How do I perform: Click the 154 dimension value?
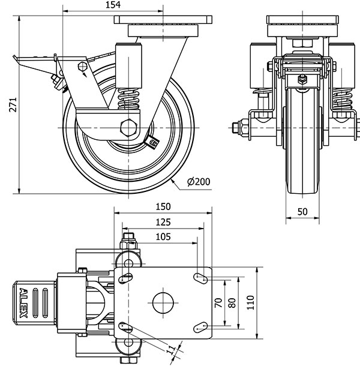pyautogui.click(x=112, y=5)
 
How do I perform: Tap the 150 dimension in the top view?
pyautogui.click(x=163, y=207)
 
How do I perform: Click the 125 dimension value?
pyautogui.click(x=163, y=222)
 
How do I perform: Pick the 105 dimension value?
pyautogui.click(x=163, y=236)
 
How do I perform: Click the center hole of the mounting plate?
pyautogui.click(x=163, y=302)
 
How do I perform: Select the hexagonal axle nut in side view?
pyautogui.click(x=128, y=128)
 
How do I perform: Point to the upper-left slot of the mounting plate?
pyautogui.click(x=126, y=277)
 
